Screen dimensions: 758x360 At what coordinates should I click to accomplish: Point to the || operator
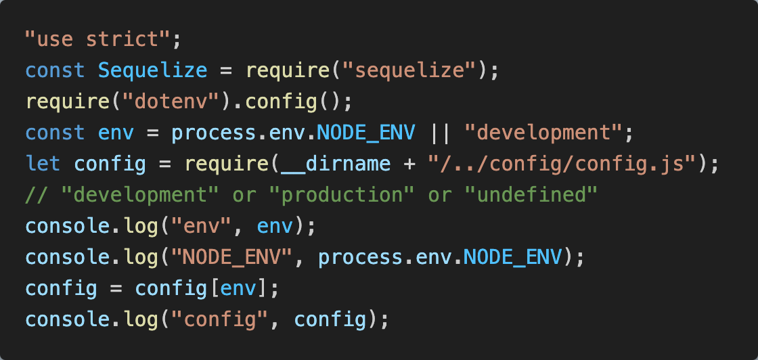440,133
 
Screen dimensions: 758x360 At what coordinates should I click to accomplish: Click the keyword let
43,164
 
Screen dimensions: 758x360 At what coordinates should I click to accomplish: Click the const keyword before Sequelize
55,70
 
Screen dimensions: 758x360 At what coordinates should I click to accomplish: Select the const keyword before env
55,133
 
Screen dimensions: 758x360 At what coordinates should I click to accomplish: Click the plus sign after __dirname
409,164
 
